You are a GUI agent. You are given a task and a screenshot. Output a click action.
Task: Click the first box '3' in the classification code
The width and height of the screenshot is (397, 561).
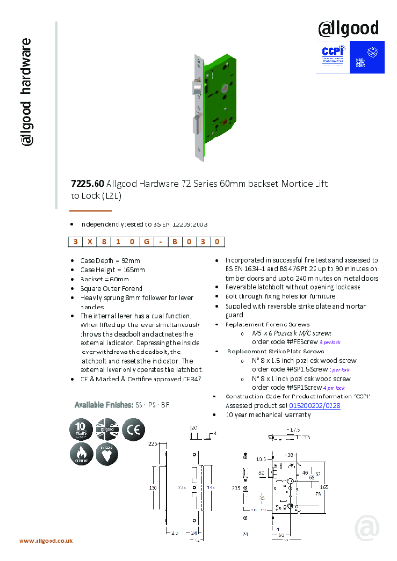77,241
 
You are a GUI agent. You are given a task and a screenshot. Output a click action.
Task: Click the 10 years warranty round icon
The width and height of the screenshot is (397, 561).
81,430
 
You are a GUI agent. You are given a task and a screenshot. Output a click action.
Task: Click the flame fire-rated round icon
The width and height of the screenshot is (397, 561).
81,455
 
